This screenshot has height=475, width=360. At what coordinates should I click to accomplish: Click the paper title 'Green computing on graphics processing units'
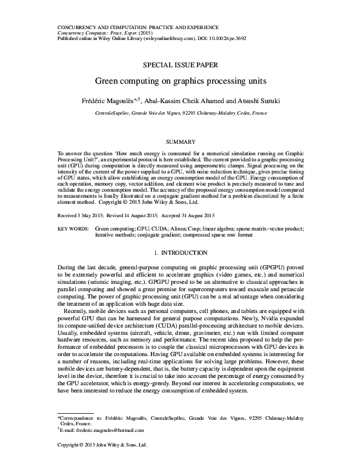(x=179, y=79)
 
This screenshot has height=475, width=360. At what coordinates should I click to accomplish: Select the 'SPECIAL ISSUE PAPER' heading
(x=179, y=64)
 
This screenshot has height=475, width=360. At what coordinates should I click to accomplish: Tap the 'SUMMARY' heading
(x=179, y=141)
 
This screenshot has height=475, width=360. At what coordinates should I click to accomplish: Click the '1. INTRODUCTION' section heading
(x=179, y=252)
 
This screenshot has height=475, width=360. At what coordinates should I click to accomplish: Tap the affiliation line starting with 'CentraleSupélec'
(x=179, y=113)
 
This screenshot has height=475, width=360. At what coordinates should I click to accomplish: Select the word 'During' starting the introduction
(x=67, y=267)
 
